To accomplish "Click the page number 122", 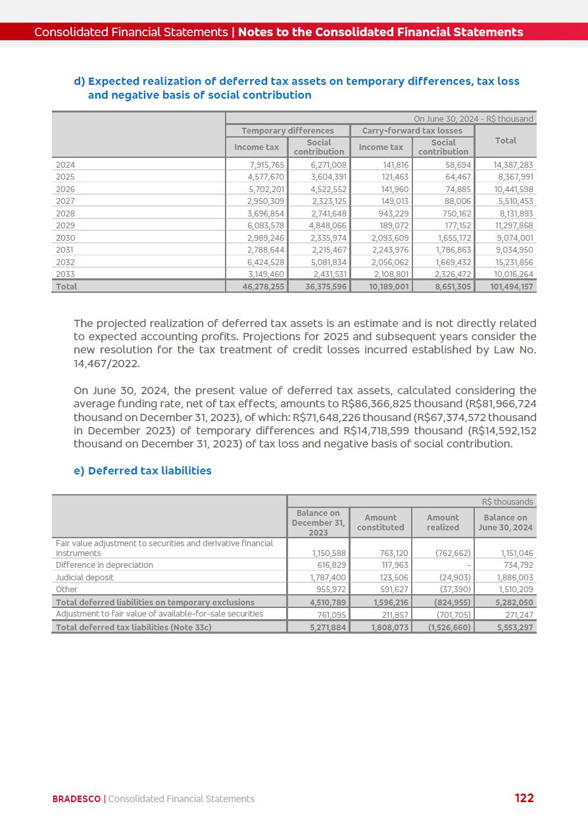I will click(x=524, y=798).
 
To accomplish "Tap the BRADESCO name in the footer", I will click(x=76, y=799).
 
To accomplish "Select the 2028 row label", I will click(x=65, y=214).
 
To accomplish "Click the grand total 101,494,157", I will click(x=513, y=287).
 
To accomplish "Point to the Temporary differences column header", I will click(x=287, y=131).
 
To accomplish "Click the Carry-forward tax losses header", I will click(x=412, y=131).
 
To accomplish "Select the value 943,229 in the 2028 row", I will click(x=392, y=214).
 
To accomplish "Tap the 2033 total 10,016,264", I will click(x=513, y=274).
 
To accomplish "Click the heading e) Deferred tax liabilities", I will click(x=143, y=470).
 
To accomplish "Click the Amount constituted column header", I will click(x=380, y=522).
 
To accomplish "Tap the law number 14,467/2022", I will click(x=107, y=363).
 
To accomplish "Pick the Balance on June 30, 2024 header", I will click(x=505, y=522).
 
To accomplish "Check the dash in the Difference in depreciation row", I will click(x=468, y=565).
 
